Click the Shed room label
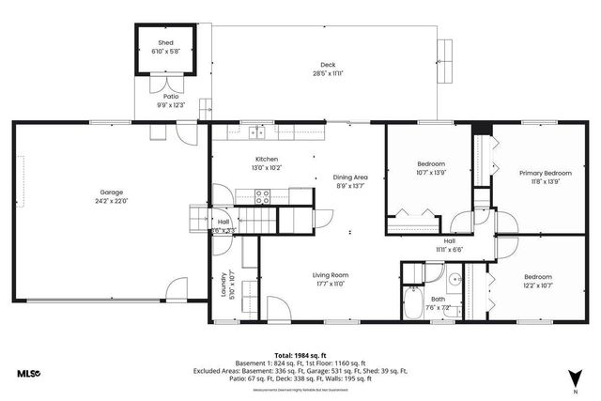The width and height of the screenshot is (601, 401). click(x=165, y=43)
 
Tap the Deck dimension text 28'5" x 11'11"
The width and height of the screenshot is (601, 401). click(x=326, y=73)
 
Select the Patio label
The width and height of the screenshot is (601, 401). click(x=170, y=96)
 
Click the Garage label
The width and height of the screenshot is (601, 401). click(x=111, y=191)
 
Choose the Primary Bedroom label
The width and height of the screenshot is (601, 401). click(x=546, y=173)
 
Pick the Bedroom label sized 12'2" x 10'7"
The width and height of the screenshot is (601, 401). click(x=537, y=277)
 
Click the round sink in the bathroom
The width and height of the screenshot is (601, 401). click(x=455, y=278)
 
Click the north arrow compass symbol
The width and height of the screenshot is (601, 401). click(x=574, y=378)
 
